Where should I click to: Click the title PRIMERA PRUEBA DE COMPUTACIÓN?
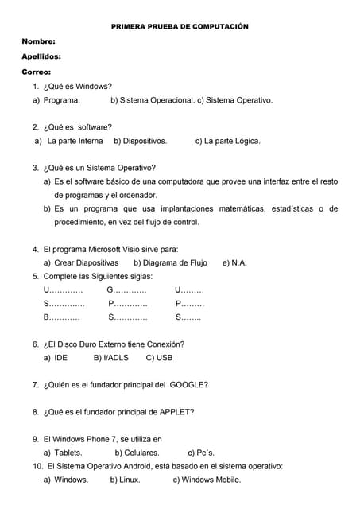coord(179,26)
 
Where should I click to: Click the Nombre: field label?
coord(38,41)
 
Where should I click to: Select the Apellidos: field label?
coord(41,56)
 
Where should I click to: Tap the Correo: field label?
coord(37,72)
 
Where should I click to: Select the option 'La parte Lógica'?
coord(227,141)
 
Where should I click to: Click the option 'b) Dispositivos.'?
coord(140,141)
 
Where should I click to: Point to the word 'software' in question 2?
coord(95,126)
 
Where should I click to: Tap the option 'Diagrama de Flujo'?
coord(170,262)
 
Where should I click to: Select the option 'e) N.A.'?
coord(234,262)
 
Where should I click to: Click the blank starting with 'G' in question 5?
coord(126,289)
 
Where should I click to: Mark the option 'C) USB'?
coord(159,358)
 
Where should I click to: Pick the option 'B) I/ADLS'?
coord(110,358)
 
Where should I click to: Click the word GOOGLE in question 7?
coord(188,385)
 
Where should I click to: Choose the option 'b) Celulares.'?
coord(137,453)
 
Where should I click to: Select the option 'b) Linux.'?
coord(125,480)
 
